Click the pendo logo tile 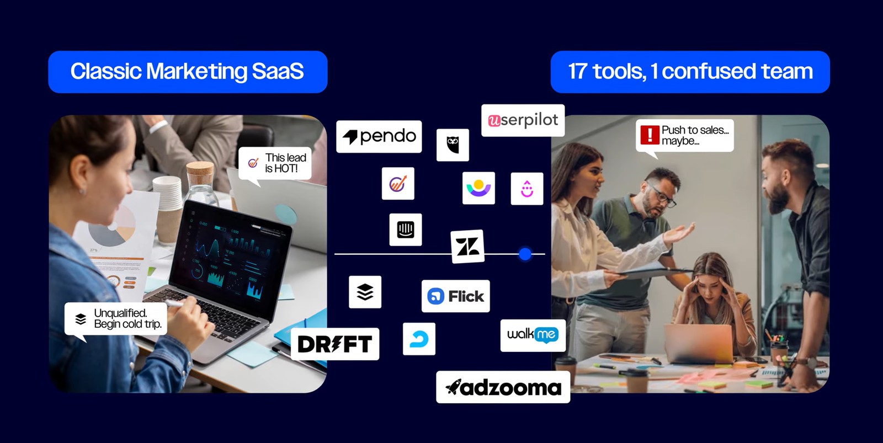coord(379,136)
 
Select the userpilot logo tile coord(523,120)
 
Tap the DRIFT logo coord(334,344)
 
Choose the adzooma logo coord(503,387)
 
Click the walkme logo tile coord(533,335)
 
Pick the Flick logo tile coord(455,296)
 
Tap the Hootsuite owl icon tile coord(453,145)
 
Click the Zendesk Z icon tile coord(467,246)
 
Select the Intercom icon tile coord(405,229)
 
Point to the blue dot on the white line coord(525,254)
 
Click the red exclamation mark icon coord(650,135)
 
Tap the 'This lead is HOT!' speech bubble coord(275,163)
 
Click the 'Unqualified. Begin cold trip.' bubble coord(116,319)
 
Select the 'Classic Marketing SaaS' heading coord(187,72)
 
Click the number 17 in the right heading coord(577,72)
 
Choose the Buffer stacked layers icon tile coord(365,292)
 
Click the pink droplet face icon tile coord(527,189)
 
